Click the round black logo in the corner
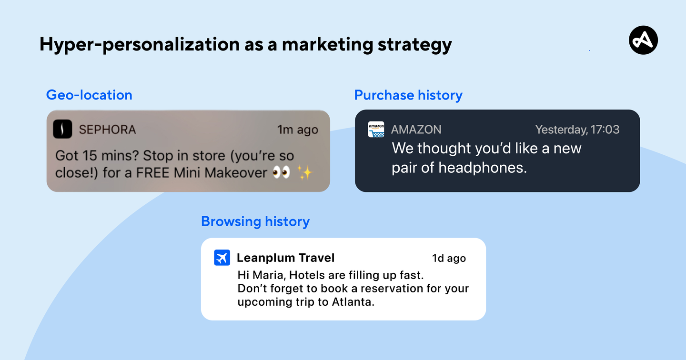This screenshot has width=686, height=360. [x=643, y=40]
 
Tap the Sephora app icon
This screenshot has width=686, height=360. [x=62, y=129]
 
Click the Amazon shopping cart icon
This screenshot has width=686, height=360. [x=376, y=130]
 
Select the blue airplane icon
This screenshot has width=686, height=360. [x=222, y=258]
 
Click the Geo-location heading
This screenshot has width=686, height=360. [x=89, y=95]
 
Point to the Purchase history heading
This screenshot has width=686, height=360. [x=408, y=95]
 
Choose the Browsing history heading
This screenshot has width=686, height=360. [x=255, y=221]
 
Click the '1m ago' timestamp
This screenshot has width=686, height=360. [x=297, y=130]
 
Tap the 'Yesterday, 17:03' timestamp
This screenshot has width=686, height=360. [x=577, y=130]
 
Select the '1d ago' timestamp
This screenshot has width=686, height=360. [x=449, y=258]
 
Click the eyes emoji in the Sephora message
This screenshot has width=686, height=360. [x=281, y=172]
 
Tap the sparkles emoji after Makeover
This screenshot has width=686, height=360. [x=305, y=172]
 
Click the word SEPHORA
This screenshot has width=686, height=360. [x=107, y=130]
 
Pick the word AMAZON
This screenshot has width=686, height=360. [x=416, y=130]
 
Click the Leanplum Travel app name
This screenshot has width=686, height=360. [x=286, y=258]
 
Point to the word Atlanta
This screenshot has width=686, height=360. [x=353, y=302]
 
